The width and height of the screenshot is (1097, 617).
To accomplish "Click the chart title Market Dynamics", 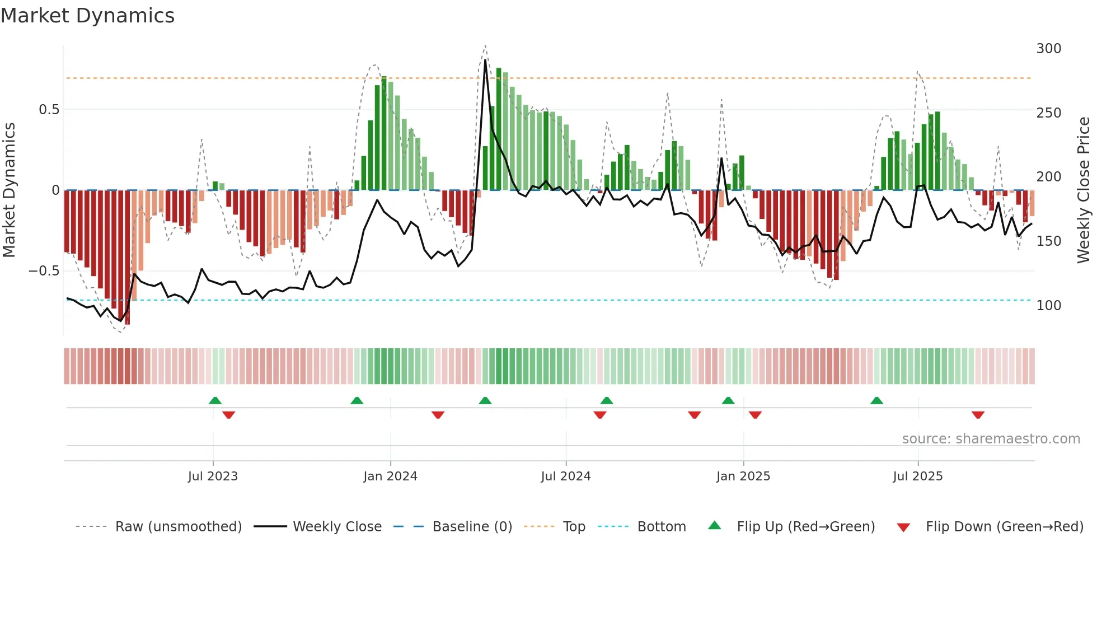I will click(x=87, y=16).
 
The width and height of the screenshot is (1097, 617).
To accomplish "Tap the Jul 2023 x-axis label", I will click(x=213, y=476).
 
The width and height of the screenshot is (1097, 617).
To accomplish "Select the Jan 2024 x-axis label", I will click(x=390, y=476).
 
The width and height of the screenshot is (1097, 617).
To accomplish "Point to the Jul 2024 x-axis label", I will click(x=565, y=476).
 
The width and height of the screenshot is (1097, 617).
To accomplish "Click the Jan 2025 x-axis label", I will click(x=743, y=476).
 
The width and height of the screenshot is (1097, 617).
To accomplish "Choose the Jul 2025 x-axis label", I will click(x=917, y=476).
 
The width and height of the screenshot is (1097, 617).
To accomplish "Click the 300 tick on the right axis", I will click(x=1048, y=49).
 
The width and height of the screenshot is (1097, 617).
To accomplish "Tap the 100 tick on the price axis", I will click(x=1048, y=306).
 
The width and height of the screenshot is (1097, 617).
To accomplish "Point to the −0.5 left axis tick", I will click(x=44, y=271).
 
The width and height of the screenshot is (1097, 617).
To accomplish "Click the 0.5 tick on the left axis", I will click(x=49, y=110).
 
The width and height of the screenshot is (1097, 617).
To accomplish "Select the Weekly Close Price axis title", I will click(x=1084, y=190).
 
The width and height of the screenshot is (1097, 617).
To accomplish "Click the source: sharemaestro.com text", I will click(x=991, y=439).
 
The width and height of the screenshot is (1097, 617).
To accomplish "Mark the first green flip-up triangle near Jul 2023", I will click(x=215, y=401).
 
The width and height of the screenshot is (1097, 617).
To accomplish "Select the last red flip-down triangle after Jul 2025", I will click(x=978, y=415).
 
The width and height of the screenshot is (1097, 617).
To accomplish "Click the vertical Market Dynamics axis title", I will click(x=10, y=190).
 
